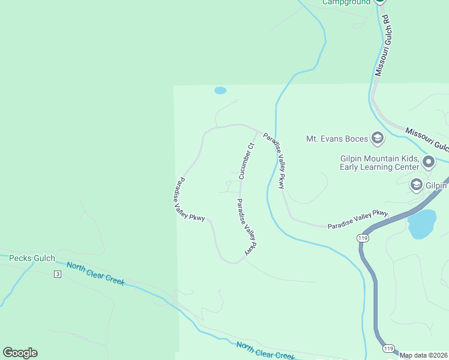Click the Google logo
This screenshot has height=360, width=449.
(20, 353)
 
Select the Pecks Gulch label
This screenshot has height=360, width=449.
(32, 259)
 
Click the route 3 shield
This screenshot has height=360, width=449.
(58, 274)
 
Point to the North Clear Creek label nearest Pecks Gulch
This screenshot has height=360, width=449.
(95, 274)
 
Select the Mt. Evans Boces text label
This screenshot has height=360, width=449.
(337, 139)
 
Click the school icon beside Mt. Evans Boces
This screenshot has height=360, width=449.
(378, 139)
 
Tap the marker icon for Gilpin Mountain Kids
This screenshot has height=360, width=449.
(429, 161)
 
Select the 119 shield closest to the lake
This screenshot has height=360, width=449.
(362, 238)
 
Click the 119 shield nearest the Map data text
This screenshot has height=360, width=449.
(389, 349)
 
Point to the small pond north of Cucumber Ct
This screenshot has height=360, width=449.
(220, 91)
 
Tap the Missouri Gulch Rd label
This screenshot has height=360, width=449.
(383, 45)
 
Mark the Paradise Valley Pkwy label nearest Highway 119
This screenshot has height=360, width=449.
(358, 220)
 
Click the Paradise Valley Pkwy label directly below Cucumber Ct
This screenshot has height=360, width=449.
(247, 226)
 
